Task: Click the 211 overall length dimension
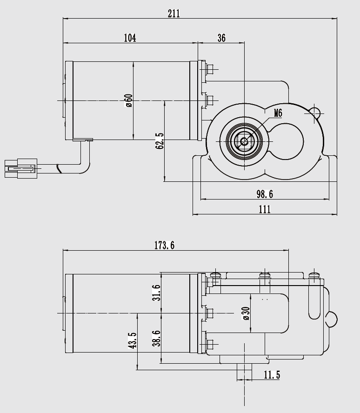point(173,13)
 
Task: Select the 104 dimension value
point(130,38)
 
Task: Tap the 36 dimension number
point(221,38)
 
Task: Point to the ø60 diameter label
point(129,100)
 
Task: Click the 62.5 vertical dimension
point(160,141)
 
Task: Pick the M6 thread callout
point(278,113)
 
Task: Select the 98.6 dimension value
point(265,193)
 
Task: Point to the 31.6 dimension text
point(156,293)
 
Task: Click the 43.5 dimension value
point(133,340)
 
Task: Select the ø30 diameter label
point(246,313)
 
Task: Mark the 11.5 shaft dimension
point(272,375)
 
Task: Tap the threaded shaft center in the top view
point(244,140)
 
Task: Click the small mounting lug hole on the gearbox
point(315,112)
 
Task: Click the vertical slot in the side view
point(314,301)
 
